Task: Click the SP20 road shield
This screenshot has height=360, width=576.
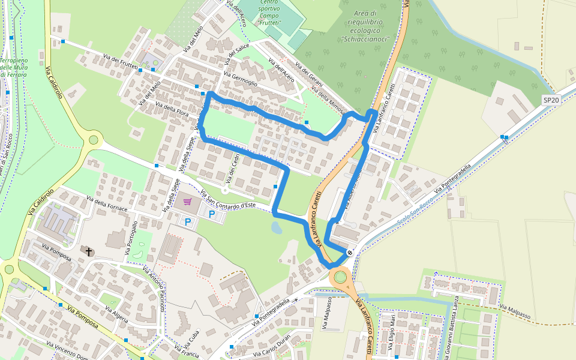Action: (551, 100)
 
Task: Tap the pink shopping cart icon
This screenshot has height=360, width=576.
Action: (187, 202)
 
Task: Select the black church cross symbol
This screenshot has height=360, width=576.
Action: (89, 251)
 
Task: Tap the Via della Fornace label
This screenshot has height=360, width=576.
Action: (107, 203)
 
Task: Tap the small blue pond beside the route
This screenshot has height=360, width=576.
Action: (275, 227)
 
